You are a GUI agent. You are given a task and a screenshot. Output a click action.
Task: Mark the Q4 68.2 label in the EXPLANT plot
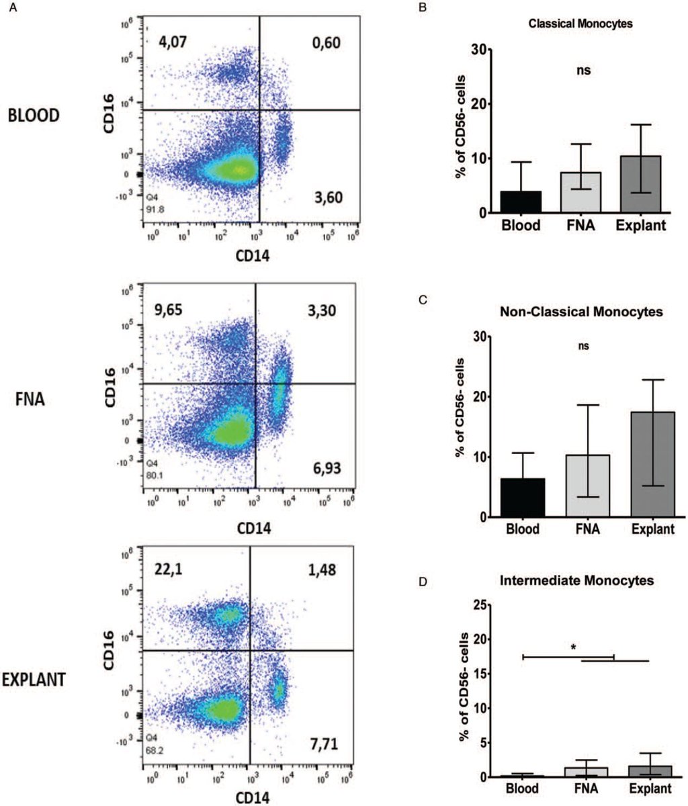coord(155,742)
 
